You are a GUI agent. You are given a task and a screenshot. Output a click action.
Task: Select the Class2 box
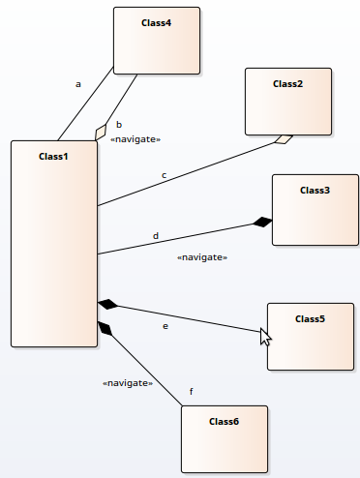(x=288, y=102)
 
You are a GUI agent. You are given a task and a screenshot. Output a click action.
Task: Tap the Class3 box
(x=315, y=209)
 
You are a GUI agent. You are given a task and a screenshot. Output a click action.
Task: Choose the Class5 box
(x=310, y=336)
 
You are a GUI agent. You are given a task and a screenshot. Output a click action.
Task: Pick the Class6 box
(x=225, y=439)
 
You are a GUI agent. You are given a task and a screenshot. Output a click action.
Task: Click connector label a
(x=78, y=84)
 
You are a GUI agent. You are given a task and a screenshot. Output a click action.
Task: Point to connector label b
(x=119, y=125)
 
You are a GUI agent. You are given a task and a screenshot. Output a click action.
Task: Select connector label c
(x=164, y=175)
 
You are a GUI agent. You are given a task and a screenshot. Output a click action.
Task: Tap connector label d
(x=156, y=236)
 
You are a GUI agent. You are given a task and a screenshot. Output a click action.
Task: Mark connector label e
(x=165, y=326)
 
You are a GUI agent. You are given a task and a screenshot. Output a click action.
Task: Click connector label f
(x=191, y=391)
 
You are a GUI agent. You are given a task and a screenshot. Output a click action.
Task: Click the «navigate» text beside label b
(x=135, y=139)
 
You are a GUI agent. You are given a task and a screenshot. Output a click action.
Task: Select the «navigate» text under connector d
(x=202, y=257)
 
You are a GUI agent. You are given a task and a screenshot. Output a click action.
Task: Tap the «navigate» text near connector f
(x=128, y=383)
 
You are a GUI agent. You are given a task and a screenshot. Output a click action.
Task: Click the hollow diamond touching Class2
(x=283, y=139)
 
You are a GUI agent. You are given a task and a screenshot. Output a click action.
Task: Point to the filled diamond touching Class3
(x=261, y=223)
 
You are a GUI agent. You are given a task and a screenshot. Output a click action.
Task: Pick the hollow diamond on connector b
(x=101, y=133)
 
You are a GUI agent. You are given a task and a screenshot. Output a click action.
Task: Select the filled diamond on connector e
(x=107, y=306)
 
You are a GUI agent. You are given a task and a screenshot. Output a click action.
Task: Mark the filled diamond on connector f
(x=105, y=328)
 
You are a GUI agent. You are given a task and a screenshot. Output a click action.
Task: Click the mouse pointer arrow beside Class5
(x=265, y=336)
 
